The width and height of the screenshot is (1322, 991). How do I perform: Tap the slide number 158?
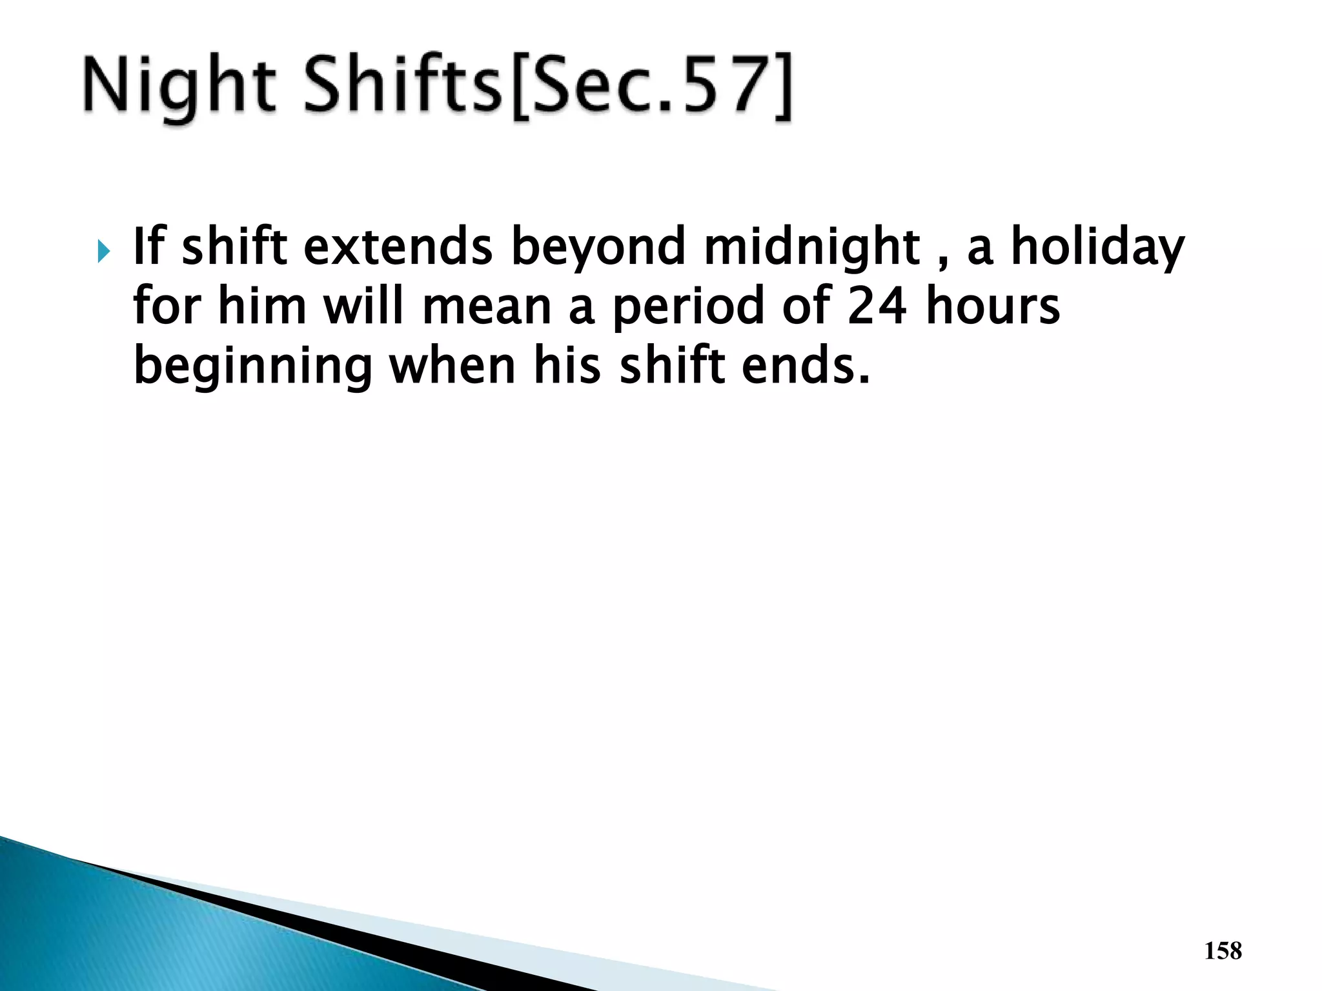[1223, 951]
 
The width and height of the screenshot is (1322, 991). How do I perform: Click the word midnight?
[811, 248]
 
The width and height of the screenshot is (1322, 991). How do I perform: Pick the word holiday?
[1097, 248]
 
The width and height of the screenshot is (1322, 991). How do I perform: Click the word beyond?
[598, 248]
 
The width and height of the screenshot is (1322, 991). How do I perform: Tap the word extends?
[398, 248]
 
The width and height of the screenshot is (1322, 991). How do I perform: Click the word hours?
[993, 306]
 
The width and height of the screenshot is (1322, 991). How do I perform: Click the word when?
[452, 366]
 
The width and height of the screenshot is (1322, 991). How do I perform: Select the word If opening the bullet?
[148, 246]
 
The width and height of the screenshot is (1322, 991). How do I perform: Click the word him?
[262, 306]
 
